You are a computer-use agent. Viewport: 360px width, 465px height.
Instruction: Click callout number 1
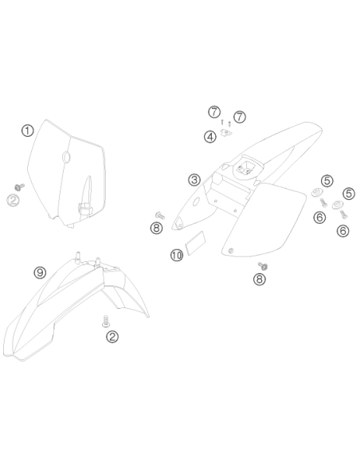pyautogui.click(x=28, y=131)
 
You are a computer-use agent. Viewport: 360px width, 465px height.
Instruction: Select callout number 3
pyautogui.click(x=194, y=180)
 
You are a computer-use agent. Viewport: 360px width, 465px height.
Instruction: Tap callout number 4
pyautogui.click(x=210, y=137)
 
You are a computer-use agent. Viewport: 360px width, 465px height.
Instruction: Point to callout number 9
pyautogui.click(x=40, y=272)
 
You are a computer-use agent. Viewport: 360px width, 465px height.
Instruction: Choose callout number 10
pyautogui.click(x=177, y=255)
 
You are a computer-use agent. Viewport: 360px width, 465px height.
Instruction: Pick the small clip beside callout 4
pyautogui.click(x=226, y=132)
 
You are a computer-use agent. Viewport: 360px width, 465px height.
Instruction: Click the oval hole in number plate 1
pyautogui.click(x=66, y=157)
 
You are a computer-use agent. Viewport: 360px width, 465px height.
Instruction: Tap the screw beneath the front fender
pyautogui.click(x=106, y=322)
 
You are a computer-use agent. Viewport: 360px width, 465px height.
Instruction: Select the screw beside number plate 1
pyautogui.click(x=20, y=187)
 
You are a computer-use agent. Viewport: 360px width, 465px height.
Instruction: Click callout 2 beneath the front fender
pyautogui.click(x=112, y=337)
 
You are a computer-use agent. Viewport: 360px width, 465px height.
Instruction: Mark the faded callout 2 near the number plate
pyautogui.click(x=13, y=200)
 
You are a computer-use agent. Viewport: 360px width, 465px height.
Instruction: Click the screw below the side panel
pyautogui.click(x=263, y=266)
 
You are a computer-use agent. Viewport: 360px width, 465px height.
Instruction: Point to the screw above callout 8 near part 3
pyautogui.click(x=160, y=216)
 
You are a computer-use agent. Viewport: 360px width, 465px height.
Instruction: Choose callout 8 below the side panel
pyautogui.click(x=260, y=279)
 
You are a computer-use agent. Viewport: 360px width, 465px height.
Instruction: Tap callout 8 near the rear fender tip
pyautogui.click(x=157, y=228)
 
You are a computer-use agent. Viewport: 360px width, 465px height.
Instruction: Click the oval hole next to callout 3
pyautogui.click(x=196, y=202)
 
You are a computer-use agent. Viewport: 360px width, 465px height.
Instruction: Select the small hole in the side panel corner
pyautogui.click(x=230, y=251)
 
